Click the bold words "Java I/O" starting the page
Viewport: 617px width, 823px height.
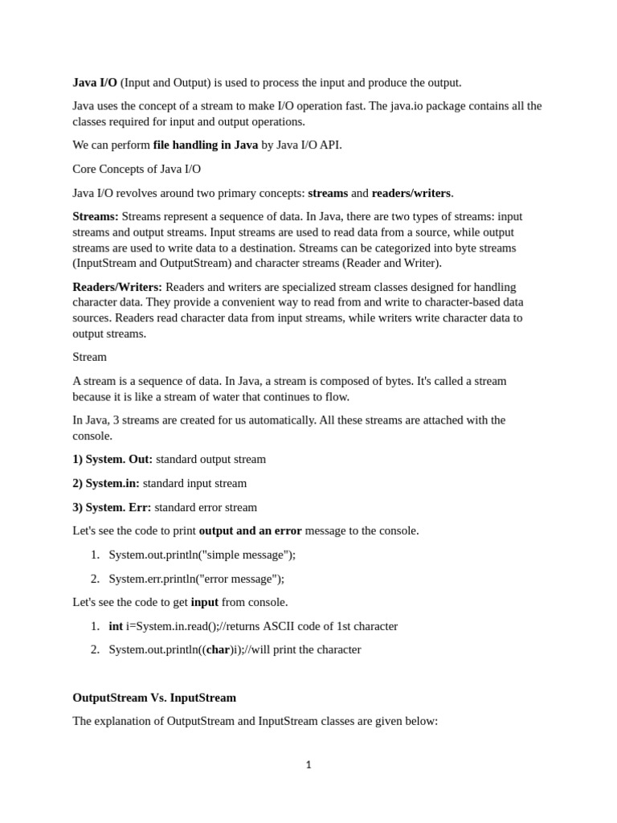95,82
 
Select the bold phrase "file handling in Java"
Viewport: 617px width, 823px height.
206,145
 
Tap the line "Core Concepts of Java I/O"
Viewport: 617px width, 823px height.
137,169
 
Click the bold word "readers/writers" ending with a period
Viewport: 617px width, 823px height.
411,193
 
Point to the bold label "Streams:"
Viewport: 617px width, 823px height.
96,216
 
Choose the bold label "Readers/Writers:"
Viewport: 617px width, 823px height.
117,287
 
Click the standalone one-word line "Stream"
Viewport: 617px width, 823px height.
89,356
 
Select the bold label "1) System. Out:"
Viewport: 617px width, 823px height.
112,459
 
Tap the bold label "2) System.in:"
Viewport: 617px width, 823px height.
106,483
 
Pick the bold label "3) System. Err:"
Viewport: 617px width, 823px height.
112,507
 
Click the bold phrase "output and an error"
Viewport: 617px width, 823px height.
250,530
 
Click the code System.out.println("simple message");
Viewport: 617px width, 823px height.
202,555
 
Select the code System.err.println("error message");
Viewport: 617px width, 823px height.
197,579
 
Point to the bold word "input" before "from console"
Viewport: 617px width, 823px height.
205,602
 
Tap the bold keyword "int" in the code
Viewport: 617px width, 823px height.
116,626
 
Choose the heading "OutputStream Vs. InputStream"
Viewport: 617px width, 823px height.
154,698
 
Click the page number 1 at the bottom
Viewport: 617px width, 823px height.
308,765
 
